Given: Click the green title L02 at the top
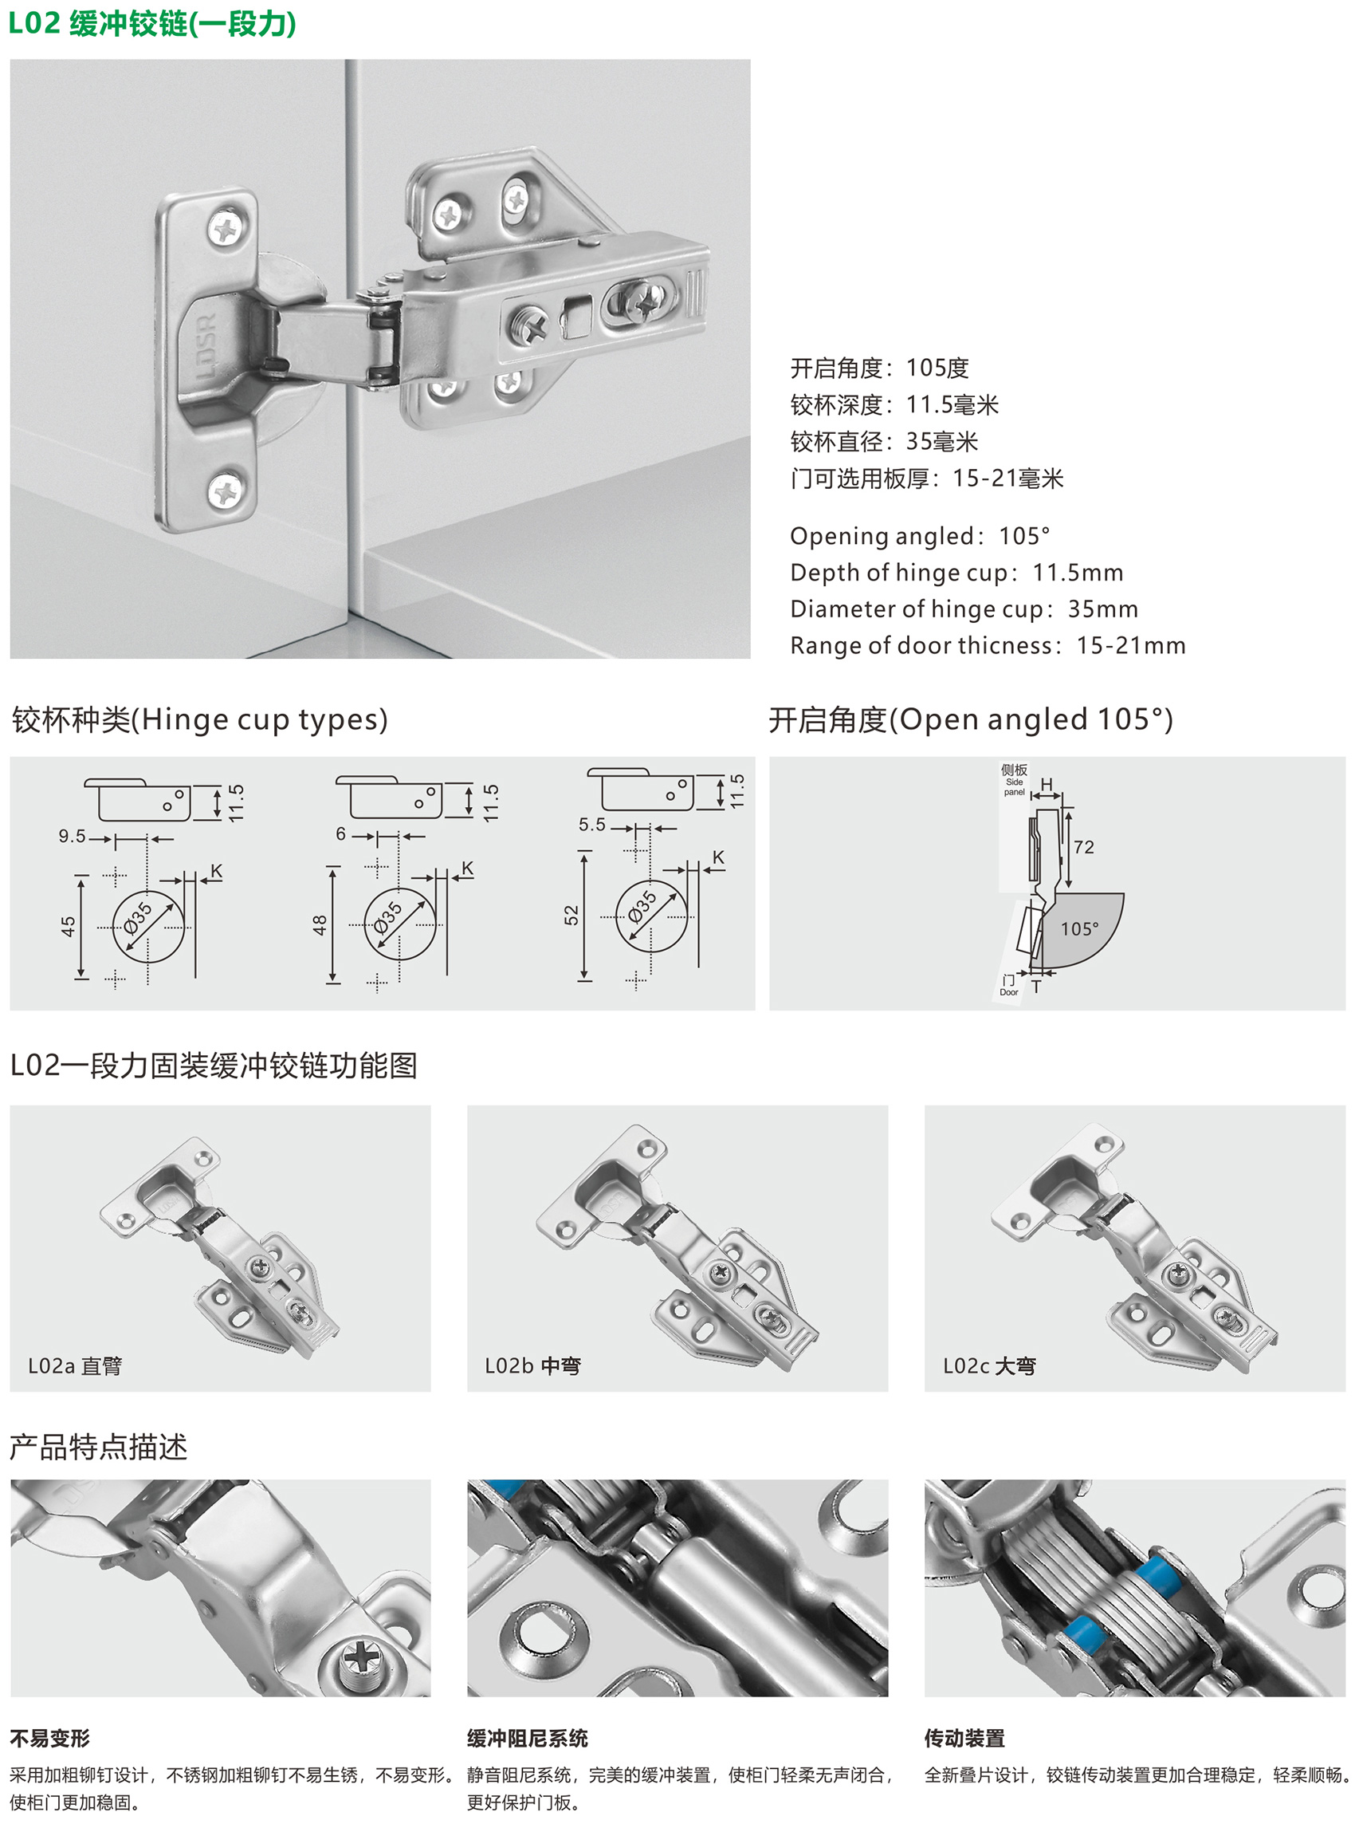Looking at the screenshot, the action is click(x=34, y=23).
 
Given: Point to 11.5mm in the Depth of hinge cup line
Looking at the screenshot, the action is click(x=1078, y=573).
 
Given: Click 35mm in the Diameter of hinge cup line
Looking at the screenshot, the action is click(x=1103, y=609).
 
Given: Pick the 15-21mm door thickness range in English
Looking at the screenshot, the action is click(x=1131, y=646).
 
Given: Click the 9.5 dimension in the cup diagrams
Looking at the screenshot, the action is click(x=73, y=836).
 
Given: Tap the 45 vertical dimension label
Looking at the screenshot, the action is click(x=68, y=927).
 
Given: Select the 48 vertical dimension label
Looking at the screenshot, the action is click(x=319, y=924).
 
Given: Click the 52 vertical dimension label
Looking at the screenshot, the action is click(x=571, y=915).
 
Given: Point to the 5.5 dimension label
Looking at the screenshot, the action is click(x=592, y=825).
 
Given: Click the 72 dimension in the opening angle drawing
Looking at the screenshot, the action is click(x=1083, y=848).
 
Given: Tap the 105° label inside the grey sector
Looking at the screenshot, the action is click(x=1079, y=929).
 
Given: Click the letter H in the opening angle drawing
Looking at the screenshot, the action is click(x=1047, y=786).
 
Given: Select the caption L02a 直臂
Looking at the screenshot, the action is click(x=75, y=1365).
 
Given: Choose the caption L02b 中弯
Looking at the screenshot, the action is click(x=532, y=1365).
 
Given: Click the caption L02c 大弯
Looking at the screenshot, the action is click(x=989, y=1365).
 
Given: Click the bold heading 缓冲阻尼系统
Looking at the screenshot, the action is click(x=528, y=1738).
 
